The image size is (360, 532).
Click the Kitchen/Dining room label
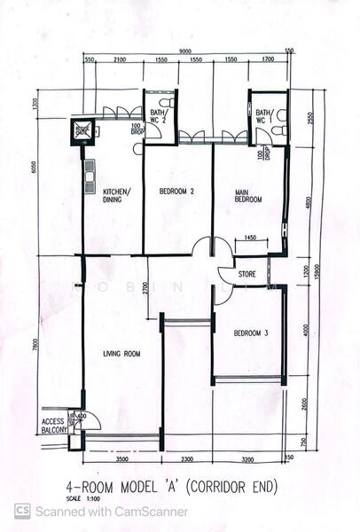point(116,196)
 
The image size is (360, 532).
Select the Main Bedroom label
point(248,196)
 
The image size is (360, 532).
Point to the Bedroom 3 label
point(250,333)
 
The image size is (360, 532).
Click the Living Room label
point(121,354)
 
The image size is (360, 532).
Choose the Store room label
point(247,275)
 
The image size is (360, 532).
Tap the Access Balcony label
point(54,425)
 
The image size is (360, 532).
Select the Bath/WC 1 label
point(264,115)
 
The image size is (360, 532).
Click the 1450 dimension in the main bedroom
point(251,238)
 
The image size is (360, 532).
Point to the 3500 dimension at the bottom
point(121,459)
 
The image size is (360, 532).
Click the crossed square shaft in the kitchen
point(82,131)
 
